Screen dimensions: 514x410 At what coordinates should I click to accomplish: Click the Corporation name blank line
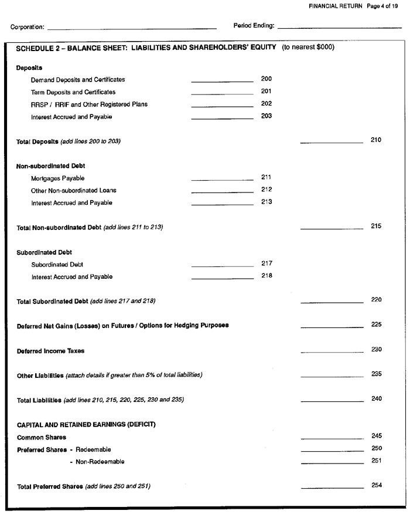[132, 28]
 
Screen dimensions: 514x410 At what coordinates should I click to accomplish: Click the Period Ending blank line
[339, 28]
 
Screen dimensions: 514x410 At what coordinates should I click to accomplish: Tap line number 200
[266, 79]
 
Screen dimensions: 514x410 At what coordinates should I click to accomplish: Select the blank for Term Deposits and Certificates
[222, 94]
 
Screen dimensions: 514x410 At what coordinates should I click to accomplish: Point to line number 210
[376, 140]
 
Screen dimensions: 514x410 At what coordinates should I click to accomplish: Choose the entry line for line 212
[222, 192]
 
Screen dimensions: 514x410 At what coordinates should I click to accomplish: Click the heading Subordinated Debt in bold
[45, 252]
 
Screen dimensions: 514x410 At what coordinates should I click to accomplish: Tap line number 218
[266, 276]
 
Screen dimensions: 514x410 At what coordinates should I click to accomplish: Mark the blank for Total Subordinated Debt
[332, 303]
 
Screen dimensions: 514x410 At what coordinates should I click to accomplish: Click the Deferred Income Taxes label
[50, 351]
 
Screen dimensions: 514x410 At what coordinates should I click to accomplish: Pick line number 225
[376, 324]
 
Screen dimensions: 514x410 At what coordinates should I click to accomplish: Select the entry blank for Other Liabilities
[332, 377]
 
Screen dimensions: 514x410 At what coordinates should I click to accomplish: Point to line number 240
[376, 399]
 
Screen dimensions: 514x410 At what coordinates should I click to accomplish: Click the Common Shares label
[41, 437]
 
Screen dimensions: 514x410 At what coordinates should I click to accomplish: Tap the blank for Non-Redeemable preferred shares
[332, 464]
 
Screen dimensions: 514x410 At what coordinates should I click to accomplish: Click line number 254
[376, 486]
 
